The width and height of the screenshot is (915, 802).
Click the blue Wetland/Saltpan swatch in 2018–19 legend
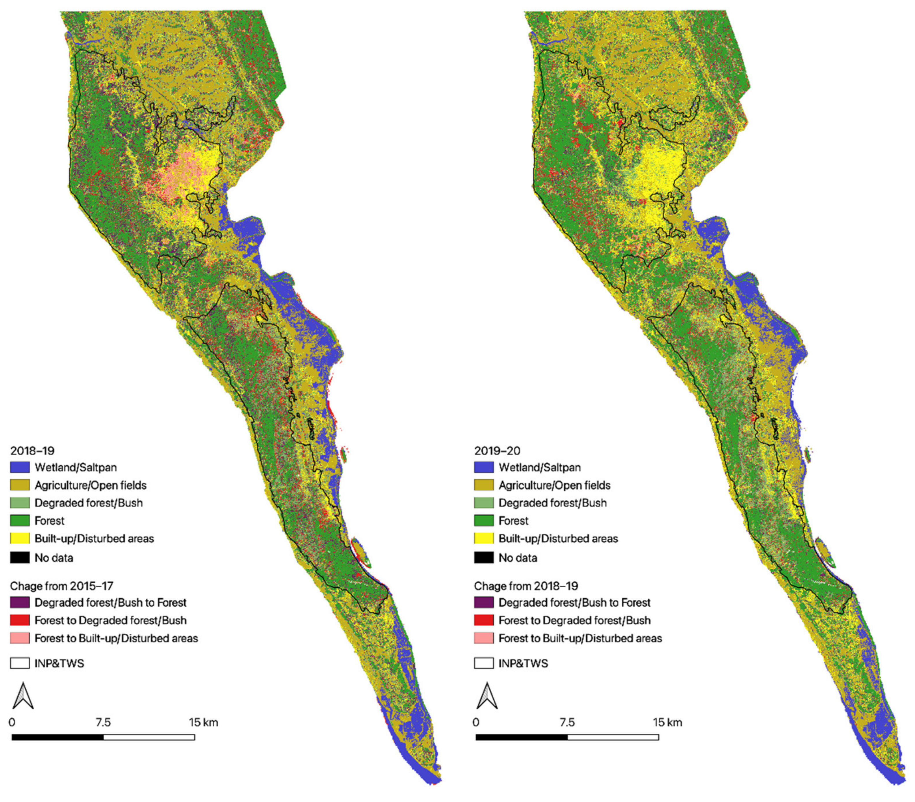pyautogui.click(x=20, y=467)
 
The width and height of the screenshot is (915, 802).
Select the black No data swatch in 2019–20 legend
pyautogui.click(x=484, y=558)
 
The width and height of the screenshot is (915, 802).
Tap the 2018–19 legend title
pyautogui.click(x=32, y=450)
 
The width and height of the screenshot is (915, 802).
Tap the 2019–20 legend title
pyautogui.click(x=497, y=450)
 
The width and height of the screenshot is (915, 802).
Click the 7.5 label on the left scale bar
pyautogui.click(x=103, y=722)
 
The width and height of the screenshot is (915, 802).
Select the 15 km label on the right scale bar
pyautogui.click(x=667, y=722)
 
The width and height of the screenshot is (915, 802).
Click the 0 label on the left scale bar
pyautogui.click(x=12, y=722)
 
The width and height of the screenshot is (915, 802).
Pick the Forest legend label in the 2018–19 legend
pyautogui.click(x=49, y=520)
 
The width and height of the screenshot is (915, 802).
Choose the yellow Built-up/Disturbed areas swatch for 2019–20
pyautogui.click(x=484, y=538)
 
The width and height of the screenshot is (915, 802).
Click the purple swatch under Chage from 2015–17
pyautogui.click(x=20, y=602)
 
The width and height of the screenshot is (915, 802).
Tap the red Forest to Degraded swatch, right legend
pyautogui.click(x=484, y=620)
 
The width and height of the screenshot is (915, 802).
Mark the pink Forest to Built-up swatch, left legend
pyautogui.click(x=20, y=638)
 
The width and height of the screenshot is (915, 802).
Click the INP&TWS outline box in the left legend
pyautogui.click(x=20, y=663)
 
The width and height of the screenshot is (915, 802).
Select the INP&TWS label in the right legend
pyautogui.click(x=523, y=663)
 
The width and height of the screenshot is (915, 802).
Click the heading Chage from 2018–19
pyautogui.click(x=526, y=586)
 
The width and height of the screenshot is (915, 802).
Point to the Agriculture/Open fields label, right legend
pyautogui.click(x=554, y=485)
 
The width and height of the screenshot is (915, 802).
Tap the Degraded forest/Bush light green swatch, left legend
pyautogui.click(x=20, y=503)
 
